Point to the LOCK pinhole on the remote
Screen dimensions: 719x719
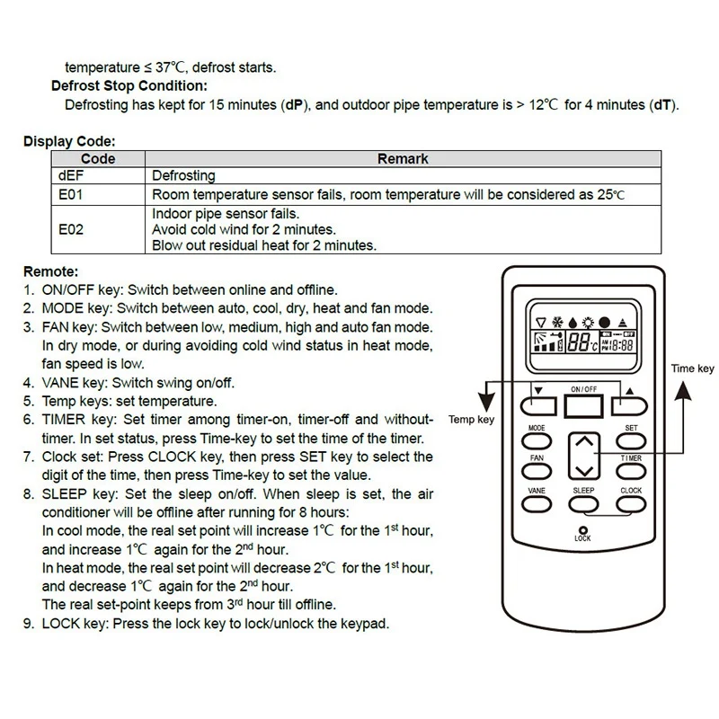(583, 530)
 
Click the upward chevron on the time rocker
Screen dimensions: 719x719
(584, 442)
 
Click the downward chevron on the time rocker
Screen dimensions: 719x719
(584, 469)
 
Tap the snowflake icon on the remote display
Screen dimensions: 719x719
(557, 321)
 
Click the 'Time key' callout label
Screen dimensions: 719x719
(692, 368)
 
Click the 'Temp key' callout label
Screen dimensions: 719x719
(472, 420)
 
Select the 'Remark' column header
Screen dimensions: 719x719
(402, 159)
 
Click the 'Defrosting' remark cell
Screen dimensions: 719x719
(183, 176)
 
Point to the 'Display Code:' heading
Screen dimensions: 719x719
(69, 142)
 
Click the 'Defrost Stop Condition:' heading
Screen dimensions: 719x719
(129, 86)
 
